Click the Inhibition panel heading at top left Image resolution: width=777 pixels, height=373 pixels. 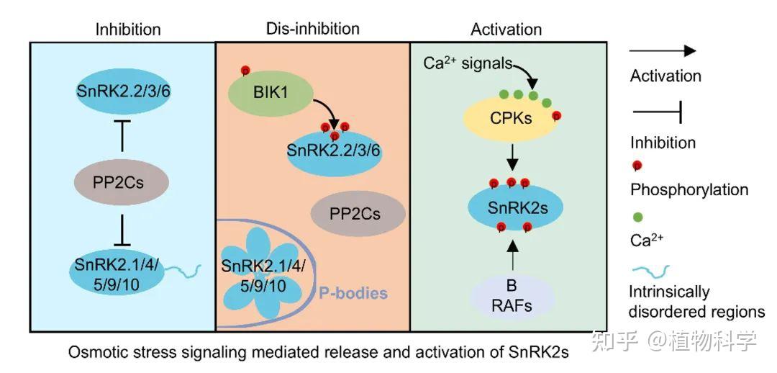128,30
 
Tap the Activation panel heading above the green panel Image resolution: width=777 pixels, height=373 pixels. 506,30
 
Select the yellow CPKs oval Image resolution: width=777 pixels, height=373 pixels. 512,118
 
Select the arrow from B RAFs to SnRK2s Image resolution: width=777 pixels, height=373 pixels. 512,256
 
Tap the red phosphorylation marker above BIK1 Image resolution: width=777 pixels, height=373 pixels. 245,70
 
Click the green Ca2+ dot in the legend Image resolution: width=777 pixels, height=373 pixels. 637,216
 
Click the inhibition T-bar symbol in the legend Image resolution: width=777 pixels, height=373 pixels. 655,112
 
